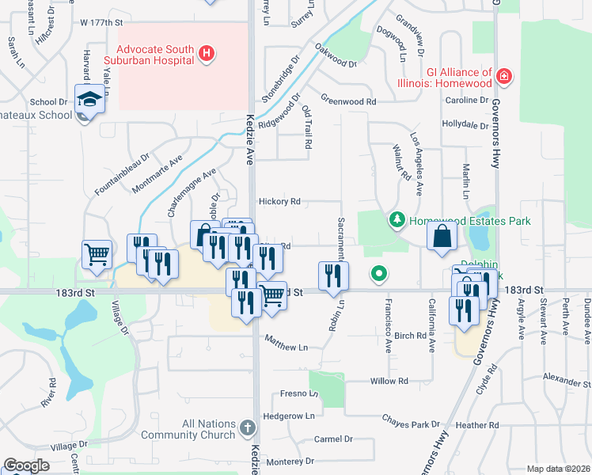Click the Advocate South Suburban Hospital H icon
click(x=207, y=54)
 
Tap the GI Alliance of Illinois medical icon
click(x=504, y=78)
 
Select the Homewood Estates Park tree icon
click(x=397, y=221)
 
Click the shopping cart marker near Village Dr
click(x=97, y=255)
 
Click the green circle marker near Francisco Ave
click(x=379, y=275)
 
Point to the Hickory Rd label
click(x=279, y=202)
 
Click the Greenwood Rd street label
click(x=348, y=101)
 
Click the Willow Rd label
click(x=389, y=381)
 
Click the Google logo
click(x=26, y=465)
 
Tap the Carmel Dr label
click(x=333, y=439)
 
